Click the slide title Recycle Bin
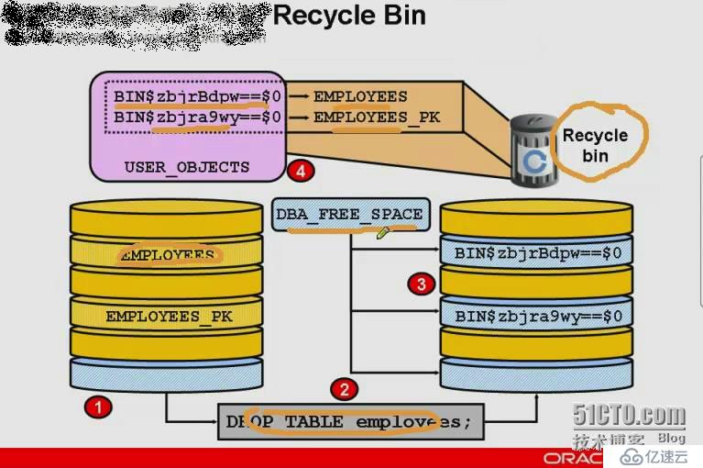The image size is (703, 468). [349, 16]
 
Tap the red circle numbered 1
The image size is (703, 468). [96, 405]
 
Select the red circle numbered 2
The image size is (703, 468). [345, 389]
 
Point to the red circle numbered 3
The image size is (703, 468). [421, 284]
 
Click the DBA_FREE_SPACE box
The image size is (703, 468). [349, 215]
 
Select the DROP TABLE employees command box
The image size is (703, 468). [350, 422]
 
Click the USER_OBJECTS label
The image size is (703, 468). [187, 167]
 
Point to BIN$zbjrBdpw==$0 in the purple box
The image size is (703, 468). [197, 95]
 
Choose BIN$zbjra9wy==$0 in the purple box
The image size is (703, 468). [197, 117]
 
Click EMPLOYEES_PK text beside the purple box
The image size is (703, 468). [377, 117]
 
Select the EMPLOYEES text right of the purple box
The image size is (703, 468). [360, 95]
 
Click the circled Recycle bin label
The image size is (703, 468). [595, 144]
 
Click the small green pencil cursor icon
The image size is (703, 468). [383, 233]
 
